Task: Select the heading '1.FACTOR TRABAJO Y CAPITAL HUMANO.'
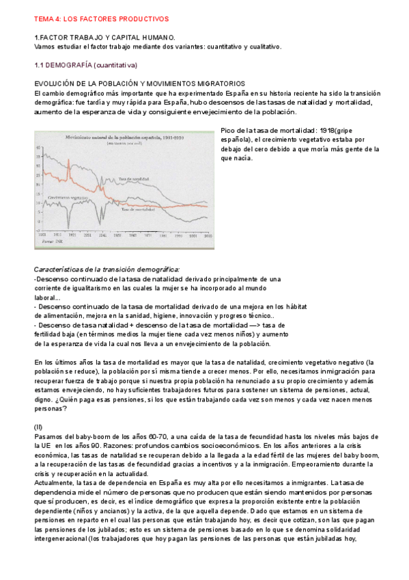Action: pos(104,38)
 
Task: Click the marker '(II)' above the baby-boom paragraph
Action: pos(38,426)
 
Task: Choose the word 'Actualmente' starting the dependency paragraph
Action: pos(57,482)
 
